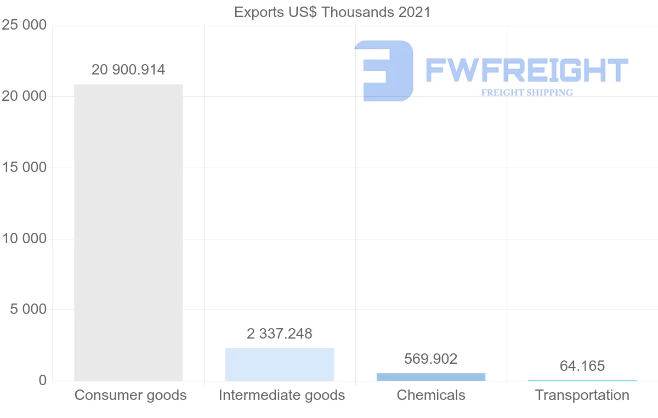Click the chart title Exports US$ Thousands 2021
(332, 12)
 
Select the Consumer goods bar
(128, 232)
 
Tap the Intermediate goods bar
(280, 364)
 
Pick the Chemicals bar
(431, 377)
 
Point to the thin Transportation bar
(582, 380)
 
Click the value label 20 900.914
(128, 70)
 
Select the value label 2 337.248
(280, 334)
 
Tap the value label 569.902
(431, 359)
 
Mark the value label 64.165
(582, 366)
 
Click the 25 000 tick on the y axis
(24, 26)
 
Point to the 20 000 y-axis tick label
(24, 96)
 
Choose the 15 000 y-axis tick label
(24, 168)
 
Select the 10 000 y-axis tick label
(24, 239)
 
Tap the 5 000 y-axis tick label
(29, 310)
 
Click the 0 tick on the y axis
(43, 381)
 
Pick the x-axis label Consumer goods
(131, 395)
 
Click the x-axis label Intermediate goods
(282, 395)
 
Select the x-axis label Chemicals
(431, 395)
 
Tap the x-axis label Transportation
(582, 395)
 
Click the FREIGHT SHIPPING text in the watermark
(527, 93)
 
